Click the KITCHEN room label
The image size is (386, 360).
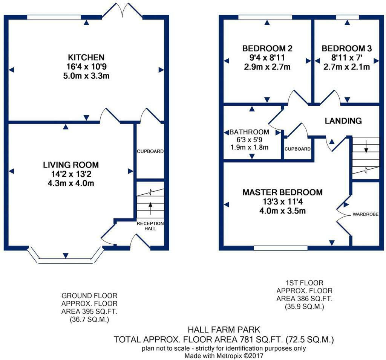(86, 57)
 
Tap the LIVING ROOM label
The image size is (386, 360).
(71, 165)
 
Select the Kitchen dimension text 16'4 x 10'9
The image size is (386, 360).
(86, 67)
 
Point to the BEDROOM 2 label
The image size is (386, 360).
(267, 49)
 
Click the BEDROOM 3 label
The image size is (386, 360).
(347, 49)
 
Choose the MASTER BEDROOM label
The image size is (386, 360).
(283, 192)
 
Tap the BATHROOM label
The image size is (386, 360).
(249, 132)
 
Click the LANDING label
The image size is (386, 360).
(343, 121)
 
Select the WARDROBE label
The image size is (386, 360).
(366, 214)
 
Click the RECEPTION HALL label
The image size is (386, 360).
(150, 226)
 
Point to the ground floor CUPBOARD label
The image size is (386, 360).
(150, 151)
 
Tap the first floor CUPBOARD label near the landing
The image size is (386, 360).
(298, 149)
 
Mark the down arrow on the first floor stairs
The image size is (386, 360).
(366, 146)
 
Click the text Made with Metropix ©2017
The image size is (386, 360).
(224, 355)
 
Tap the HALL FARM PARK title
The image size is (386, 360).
(224, 329)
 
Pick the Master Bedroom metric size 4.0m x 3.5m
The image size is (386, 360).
(283, 211)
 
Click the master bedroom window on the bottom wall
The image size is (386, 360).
(280, 248)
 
